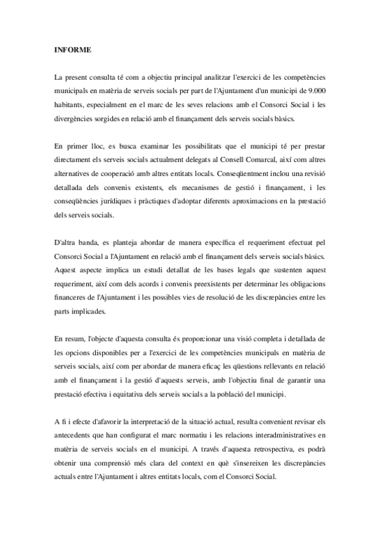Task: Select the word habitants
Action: pos(71,104)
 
